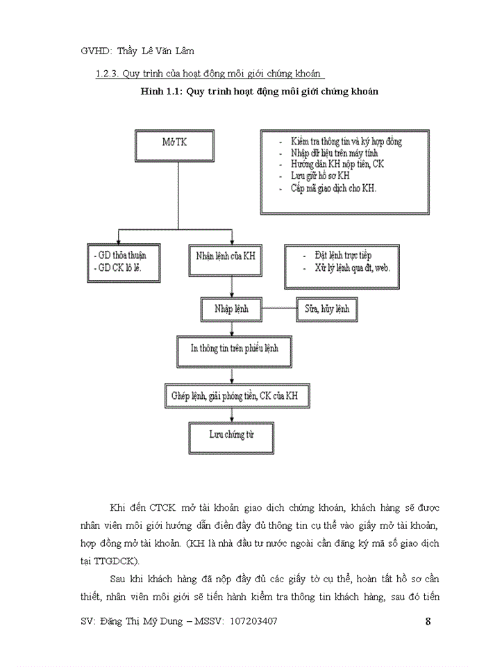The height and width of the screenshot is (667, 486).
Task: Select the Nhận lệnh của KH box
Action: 221,256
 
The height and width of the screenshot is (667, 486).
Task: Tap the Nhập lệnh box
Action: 231,308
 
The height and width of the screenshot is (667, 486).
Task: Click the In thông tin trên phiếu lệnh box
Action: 231,349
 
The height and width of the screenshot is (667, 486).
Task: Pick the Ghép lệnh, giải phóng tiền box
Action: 235,395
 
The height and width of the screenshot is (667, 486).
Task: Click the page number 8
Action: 428,621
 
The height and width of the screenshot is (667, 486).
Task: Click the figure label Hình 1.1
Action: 160,92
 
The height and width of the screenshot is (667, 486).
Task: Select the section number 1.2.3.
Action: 106,74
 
